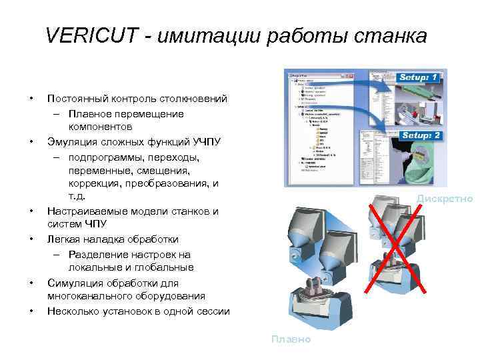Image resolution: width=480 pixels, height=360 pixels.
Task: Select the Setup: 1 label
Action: pyautogui.click(x=419, y=78)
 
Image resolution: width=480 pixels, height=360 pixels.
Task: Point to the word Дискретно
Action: pyautogui.click(x=445, y=198)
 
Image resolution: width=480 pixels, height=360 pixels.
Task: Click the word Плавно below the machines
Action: pyautogui.click(x=291, y=339)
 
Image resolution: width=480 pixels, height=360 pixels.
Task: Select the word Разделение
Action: pyautogui.click(x=98, y=253)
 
